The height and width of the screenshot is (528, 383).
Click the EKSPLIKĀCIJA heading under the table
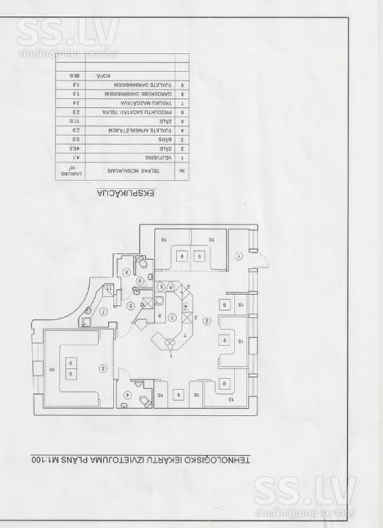tap(126, 194)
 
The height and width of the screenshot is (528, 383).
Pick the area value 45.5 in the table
tap(75, 150)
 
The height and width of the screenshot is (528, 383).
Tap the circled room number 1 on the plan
tap(238, 256)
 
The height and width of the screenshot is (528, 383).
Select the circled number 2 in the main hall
tap(207, 321)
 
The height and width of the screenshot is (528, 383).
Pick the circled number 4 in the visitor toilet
tap(127, 395)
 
